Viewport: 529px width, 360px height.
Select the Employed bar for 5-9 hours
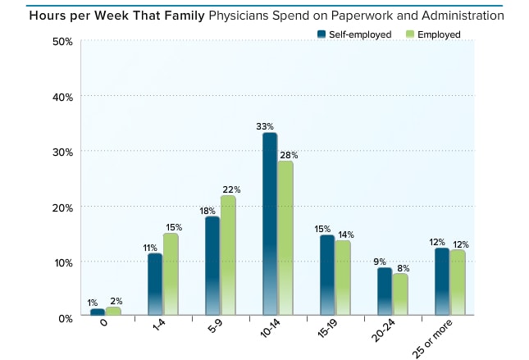(227, 255)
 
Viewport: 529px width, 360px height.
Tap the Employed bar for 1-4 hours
(171, 275)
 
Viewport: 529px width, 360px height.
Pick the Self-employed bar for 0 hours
(98, 312)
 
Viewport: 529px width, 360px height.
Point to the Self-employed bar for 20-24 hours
(385, 291)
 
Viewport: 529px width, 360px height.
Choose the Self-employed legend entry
(350, 34)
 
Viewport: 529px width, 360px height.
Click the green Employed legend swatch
(410, 34)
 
